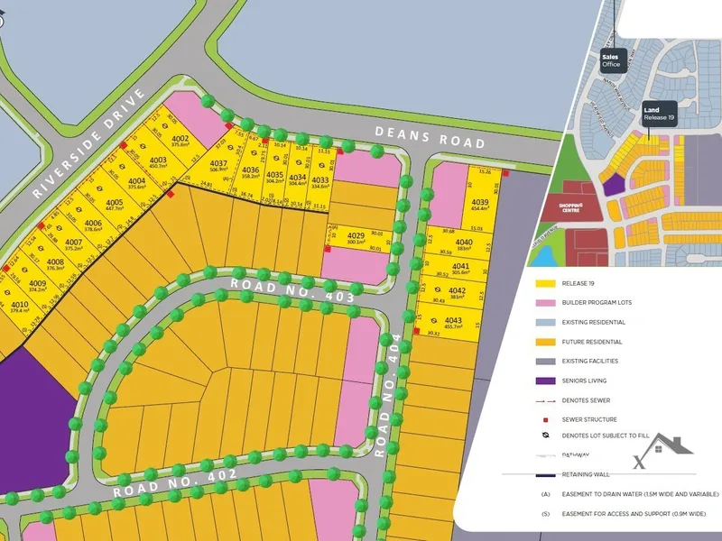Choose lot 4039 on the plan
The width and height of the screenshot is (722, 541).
coord(479,205)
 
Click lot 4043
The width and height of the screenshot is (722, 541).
coord(454,324)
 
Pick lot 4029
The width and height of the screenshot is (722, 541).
coord(356,238)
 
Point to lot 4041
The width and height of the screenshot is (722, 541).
coord(460,270)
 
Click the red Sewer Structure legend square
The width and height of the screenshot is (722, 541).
coord(545,419)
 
